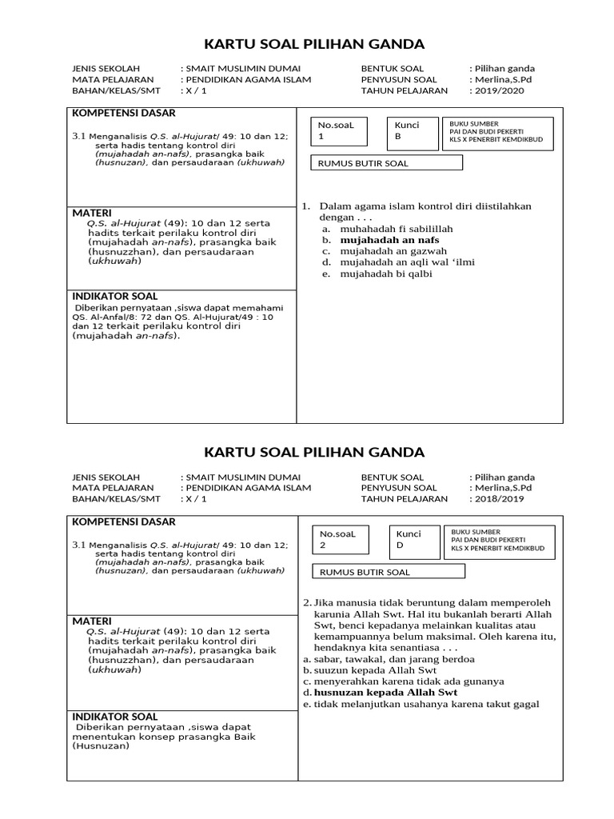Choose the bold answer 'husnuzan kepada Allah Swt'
[385, 692]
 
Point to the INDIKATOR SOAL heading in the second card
[115, 717]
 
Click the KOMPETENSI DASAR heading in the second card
[124, 522]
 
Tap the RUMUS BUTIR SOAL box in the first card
[387, 163]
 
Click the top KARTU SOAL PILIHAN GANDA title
[314, 44]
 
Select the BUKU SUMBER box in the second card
[499, 539]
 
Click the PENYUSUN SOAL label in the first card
[399, 80]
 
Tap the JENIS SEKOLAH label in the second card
[106, 477]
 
